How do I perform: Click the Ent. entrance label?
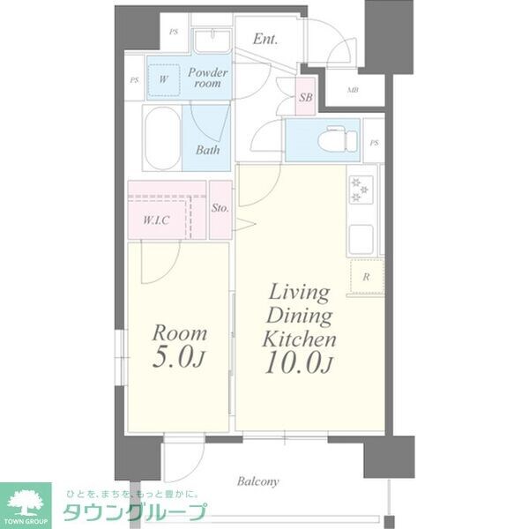click(x=264, y=39)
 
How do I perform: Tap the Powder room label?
click(x=207, y=78)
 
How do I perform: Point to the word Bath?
click(x=207, y=150)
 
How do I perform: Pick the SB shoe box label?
click(x=306, y=98)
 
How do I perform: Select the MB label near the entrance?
click(x=353, y=90)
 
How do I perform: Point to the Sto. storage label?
click(x=220, y=209)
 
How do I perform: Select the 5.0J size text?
click(x=181, y=360)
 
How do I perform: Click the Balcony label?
click(x=258, y=482)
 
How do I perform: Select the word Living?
click(x=300, y=293)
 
